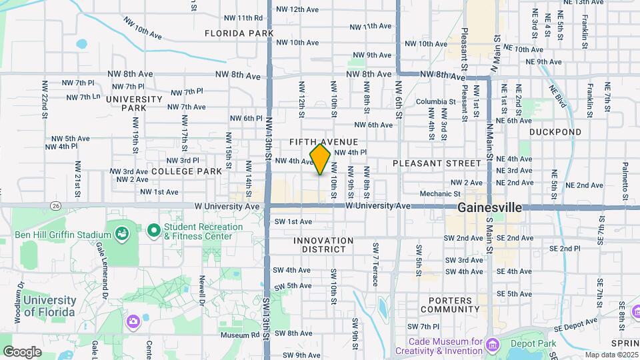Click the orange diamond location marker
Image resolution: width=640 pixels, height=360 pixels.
coord(320,159)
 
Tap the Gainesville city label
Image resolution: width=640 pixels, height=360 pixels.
coord(489,208)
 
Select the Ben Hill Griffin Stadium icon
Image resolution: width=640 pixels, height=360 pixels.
coord(121,233)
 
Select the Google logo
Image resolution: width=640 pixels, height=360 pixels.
coord(22,352)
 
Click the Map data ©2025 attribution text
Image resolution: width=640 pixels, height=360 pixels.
coord(611,355)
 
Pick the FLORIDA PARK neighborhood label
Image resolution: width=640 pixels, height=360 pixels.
coord(239,33)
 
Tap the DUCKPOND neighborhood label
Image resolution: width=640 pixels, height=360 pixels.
coord(555,132)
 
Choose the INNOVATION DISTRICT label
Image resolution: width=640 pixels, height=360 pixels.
coord(323,245)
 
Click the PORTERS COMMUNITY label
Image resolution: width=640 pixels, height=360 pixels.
coord(450,305)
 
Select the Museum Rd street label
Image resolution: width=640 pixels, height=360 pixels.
coord(239,335)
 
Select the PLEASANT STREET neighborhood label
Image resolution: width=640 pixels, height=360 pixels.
coord(436,163)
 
